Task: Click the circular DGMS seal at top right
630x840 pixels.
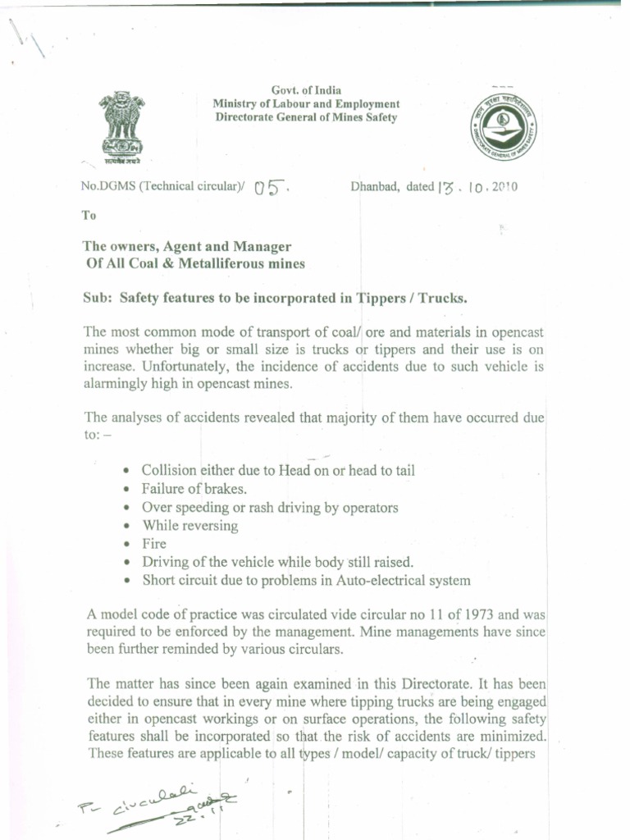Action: coord(505,130)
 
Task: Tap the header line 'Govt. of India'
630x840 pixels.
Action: coord(306,90)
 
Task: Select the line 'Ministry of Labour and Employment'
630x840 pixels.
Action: coord(306,104)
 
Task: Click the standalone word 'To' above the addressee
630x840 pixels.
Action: coord(89,217)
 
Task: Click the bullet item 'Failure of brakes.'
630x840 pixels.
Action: coord(183,489)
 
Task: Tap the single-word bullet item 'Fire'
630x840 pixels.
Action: coord(154,544)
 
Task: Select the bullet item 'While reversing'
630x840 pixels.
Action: coord(190,526)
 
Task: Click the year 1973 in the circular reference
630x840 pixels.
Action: coord(488,614)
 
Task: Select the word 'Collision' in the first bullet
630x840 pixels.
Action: coord(169,471)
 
